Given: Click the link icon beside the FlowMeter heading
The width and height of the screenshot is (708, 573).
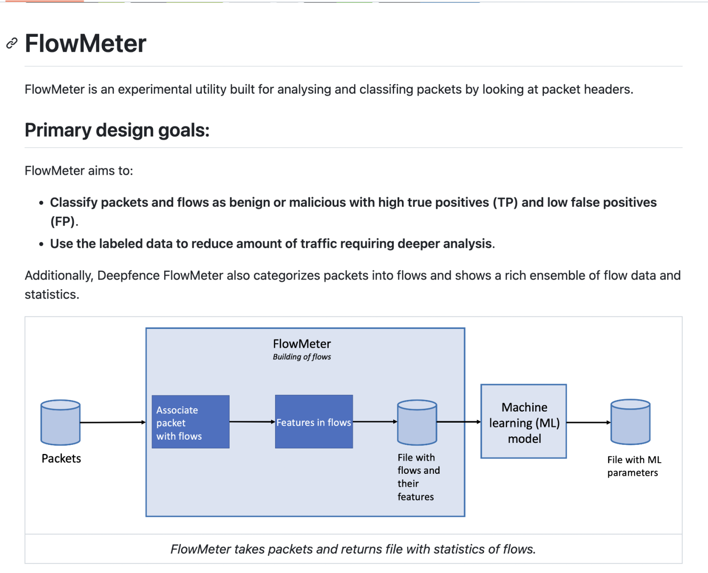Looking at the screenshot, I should (12, 43).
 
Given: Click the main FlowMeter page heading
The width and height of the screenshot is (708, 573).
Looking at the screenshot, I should (85, 43).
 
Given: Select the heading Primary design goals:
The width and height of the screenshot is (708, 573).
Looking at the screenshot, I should (117, 130).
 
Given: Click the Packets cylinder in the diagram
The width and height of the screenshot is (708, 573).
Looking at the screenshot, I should (60, 422).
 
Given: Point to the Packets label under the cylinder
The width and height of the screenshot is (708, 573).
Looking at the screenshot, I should (61, 458).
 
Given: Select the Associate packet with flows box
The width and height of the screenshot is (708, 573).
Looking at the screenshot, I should (190, 422).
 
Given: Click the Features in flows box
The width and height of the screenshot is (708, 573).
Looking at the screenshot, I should (314, 422).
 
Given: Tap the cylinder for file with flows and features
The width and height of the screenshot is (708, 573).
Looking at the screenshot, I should (417, 422).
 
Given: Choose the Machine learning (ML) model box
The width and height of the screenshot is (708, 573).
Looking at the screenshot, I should (524, 421).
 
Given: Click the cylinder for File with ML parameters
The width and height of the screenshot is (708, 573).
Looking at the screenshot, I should (630, 422).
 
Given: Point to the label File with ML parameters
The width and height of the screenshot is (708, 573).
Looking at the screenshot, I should (634, 466).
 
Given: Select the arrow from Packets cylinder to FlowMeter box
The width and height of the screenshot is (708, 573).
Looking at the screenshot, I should (113, 422).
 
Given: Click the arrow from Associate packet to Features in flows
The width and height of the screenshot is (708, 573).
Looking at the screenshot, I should (252, 422).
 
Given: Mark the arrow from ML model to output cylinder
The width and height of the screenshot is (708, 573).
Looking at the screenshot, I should (588, 422).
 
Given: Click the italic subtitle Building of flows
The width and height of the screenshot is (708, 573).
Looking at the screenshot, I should (301, 357).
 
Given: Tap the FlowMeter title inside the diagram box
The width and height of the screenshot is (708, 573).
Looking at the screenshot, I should (301, 344).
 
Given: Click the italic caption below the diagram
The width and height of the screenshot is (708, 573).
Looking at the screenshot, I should (353, 549).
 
